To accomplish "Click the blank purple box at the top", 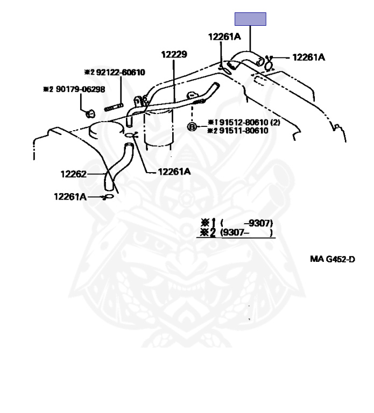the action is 250,19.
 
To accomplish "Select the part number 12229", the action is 173,54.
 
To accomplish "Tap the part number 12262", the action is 73,174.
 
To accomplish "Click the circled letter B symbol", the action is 192,127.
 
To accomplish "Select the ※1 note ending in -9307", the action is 237,223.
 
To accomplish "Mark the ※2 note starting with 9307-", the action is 237,233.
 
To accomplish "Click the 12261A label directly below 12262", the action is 70,196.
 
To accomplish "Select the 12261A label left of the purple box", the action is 224,37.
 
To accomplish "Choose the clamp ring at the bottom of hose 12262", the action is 108,197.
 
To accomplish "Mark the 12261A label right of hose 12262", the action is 174,172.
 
